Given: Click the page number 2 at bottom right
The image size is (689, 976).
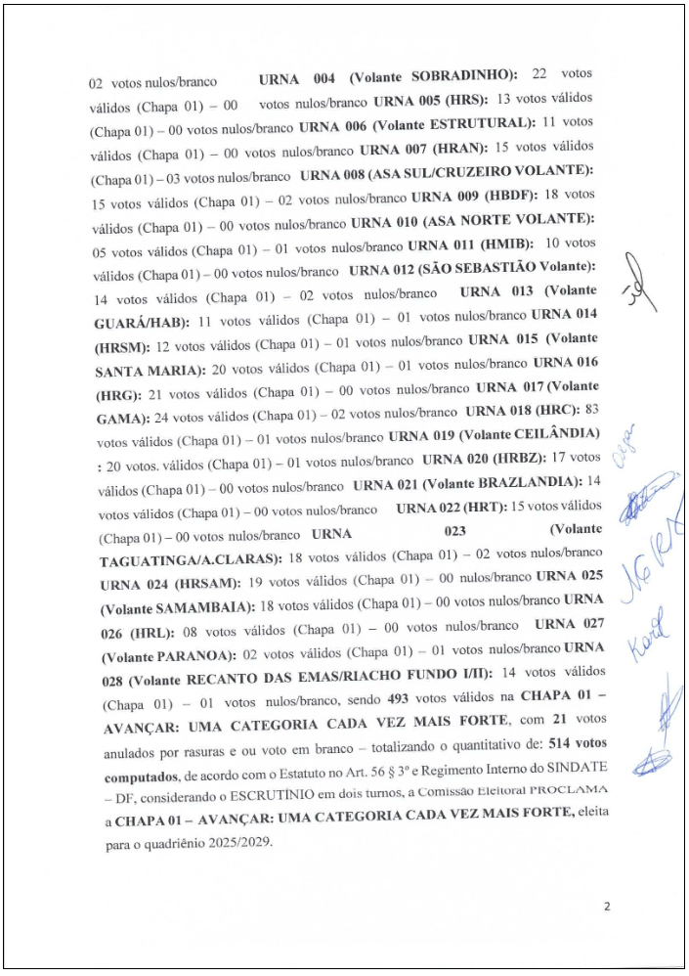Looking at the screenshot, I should coord(607,907).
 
